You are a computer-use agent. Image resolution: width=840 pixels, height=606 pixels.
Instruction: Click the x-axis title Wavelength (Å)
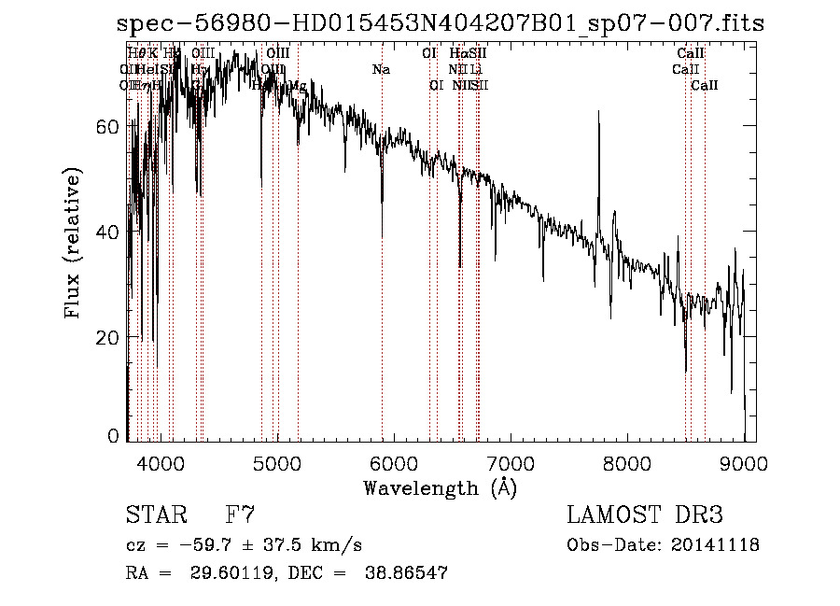click(x=439, y=487)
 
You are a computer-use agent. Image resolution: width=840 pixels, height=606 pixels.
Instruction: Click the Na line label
click(x=381, y=69)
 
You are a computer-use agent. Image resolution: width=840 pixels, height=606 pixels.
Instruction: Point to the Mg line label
click(x=298, y=85)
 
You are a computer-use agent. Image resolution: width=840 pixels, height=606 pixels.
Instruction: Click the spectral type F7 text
click(x=240, y=514)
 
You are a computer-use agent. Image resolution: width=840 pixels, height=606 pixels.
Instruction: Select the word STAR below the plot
click(x=156, y=514)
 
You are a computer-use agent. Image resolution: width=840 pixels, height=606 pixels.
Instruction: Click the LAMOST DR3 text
click(x=645, y=514)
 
